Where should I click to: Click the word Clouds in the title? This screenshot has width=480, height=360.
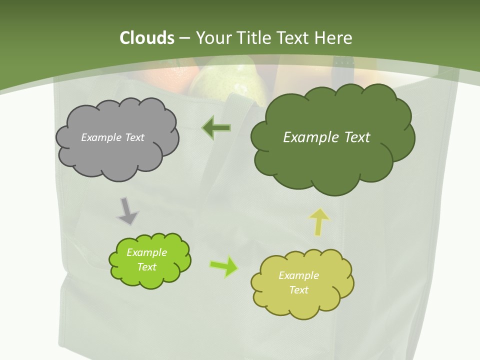point(146,38)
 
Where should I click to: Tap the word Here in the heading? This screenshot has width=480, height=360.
point(334,38)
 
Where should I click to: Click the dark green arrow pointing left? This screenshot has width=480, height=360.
point(216,128)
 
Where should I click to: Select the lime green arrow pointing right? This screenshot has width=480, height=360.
point(224,266)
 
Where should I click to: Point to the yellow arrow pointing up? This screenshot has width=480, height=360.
point(319,221)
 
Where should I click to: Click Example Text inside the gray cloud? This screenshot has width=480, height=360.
point(112,137)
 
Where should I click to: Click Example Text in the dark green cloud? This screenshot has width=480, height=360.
point(326,137)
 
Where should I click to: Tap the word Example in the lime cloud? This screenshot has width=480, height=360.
point(146,252)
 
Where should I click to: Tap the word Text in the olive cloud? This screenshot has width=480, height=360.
point(298,290)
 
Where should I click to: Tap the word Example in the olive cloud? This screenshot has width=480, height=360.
point(298,275)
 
